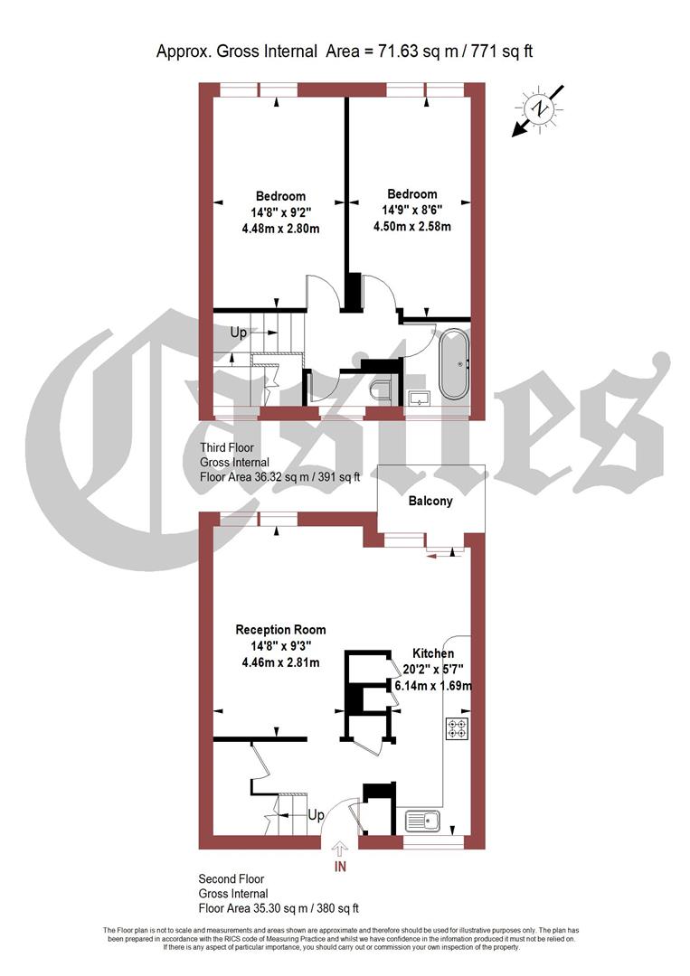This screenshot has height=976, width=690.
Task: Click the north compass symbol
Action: click(540, 108)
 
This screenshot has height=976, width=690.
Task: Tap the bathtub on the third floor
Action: click(455, 364)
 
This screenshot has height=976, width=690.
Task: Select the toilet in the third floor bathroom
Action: click(383, 391)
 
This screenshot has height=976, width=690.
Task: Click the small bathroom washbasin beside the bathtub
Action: click(419, 397)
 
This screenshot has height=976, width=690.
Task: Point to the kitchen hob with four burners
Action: click(457, 728)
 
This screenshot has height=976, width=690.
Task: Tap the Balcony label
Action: click(430, 501)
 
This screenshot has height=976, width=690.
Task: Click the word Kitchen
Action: click(433, 653)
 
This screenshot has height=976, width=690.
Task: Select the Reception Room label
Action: click(280, 630)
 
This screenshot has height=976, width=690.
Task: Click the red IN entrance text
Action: click(340, 868)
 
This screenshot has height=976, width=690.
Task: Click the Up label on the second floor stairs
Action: click(316, 815)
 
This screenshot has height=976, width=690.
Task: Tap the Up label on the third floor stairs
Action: click(239, 333)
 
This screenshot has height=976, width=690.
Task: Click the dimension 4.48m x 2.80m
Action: click(280, 229)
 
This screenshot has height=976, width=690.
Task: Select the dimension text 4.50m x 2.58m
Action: click(412, 227)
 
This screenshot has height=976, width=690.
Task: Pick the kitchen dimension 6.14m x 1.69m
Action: click(433, 686)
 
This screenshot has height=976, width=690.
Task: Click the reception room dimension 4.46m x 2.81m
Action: click(280, 662)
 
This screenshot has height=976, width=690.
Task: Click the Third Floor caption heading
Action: click(226, 447)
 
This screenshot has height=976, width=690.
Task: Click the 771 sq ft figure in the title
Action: click(499, 51)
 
